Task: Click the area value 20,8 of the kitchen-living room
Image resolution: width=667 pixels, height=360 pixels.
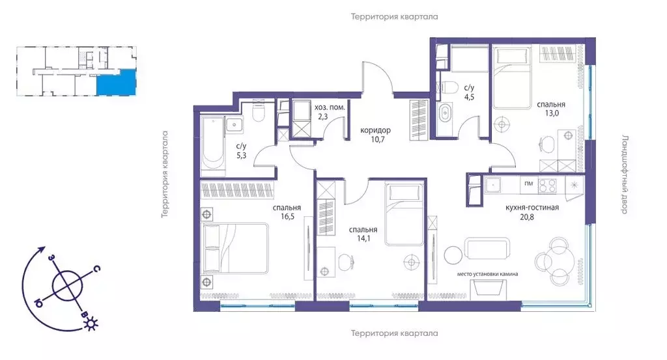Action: click(x=526, y=217)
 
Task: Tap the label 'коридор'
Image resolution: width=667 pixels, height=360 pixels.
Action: click(x=375, y=130)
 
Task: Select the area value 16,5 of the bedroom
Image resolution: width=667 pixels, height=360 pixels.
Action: click(x=287, y=216)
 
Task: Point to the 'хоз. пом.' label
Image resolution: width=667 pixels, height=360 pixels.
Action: click(x=330, y=107)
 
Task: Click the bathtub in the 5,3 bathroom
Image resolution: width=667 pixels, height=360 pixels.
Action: click(x=212, y=144)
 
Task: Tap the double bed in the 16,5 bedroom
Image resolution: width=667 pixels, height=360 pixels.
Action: click(x=236, y=249)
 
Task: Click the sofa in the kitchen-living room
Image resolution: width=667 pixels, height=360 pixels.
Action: click(x=487, y=248)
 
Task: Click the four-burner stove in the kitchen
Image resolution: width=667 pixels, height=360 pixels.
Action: click(x=547, y=186)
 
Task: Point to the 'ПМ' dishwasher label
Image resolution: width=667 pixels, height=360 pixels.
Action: click(x=529, y=184)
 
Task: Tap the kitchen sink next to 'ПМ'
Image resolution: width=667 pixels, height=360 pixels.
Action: click(x=494, y=186)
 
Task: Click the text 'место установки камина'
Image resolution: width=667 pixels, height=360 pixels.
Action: click(x=487, y=274)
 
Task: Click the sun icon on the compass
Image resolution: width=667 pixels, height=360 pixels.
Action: click(x=91, y=325)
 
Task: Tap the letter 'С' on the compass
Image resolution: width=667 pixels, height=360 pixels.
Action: click(x=97, y=269)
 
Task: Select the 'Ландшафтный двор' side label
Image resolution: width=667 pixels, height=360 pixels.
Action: click(x=625, y=174)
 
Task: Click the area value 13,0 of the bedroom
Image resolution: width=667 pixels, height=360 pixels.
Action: click(x=551, y=113)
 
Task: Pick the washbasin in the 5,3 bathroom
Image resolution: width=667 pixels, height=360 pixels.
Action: click(x=234, y=124)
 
